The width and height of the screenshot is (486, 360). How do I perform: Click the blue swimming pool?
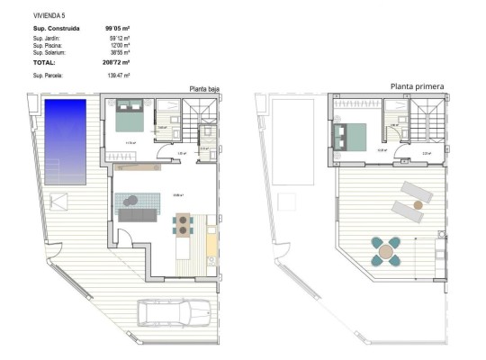pyautogui.click(x=67, y=140)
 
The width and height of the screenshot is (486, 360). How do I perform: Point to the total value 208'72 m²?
pyautogui.click(x=118, y=63)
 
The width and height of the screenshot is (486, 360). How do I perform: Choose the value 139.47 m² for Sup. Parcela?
pyautogui.click(x=119, y=76)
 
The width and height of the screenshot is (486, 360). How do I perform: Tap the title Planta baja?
pyautogui.click(x=204, y=88)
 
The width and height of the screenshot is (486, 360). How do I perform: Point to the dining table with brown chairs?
pyautogui.click(x=184, y=223)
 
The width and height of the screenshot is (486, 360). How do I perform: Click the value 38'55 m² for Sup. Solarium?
pyautogui.click(x=119, y=52)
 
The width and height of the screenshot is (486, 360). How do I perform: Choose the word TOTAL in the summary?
pyautogui.click(x=44, y=63)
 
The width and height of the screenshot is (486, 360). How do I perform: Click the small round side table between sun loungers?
pyautogui.click(x=418, y=204)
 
